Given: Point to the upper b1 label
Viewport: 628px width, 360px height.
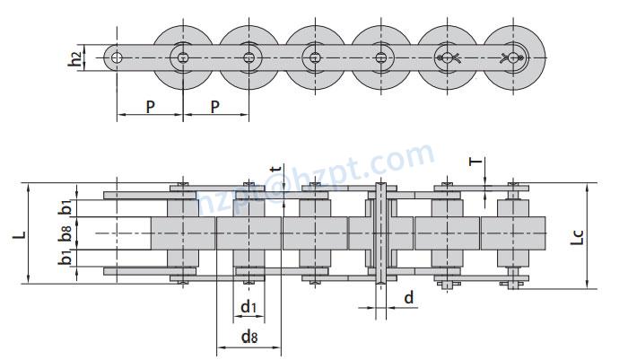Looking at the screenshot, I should click(x=65, y=206).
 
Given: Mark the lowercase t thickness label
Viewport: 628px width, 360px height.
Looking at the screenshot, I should click(x=276, y=168).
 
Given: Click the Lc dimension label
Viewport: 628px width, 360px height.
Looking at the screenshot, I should click(x=579, y=237).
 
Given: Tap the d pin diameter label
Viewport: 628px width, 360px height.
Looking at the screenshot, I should click(x=409, y=298).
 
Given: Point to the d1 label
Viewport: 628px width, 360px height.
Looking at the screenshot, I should click(x=250, y=308).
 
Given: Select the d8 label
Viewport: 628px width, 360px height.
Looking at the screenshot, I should click(x=250, y=338).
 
